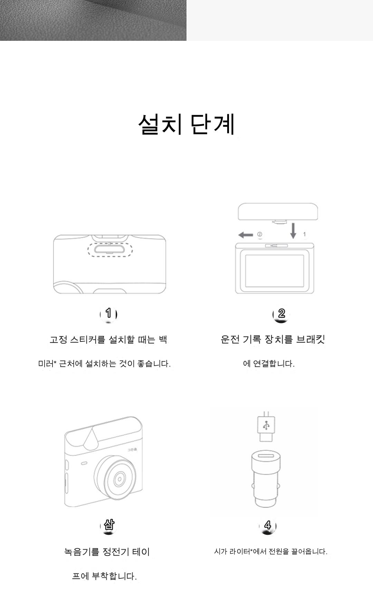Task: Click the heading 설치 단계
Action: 186,124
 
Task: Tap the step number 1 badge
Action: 108,314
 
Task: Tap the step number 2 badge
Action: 281,314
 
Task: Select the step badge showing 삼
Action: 108,525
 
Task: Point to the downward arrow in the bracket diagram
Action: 293,231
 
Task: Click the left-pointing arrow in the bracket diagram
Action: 246,235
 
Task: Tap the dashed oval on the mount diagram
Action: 110,249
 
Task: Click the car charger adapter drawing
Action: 266,479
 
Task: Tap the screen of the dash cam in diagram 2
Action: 275,271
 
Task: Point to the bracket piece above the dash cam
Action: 278,212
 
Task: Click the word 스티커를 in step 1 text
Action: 88,339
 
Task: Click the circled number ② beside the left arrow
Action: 260,234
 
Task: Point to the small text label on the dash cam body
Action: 132,449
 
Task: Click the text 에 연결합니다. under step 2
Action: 269,364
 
